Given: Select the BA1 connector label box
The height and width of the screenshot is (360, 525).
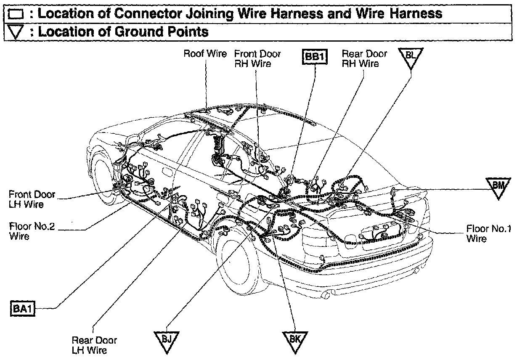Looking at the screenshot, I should pyautogui.click(x=22, y=309).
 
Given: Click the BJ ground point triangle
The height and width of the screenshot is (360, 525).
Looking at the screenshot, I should pyautogui.click(x=167, y=339).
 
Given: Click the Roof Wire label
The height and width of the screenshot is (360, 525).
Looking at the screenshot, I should pyautogui.click(x=205, y=54).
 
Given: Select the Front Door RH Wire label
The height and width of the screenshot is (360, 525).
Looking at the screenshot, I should pyautogui.click(x=257, y=58).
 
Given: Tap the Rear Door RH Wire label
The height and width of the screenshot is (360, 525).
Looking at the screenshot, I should pyautogui.click(x=364, y=58).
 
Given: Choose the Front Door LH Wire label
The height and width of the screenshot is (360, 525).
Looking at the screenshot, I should pyautogui.click(x=32, y=199).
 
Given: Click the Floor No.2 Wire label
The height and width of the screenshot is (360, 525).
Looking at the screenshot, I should pyautogui.click(x=32, y=231).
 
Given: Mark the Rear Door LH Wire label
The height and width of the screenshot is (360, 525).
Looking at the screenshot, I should pyautogui.click(x=94, y=345).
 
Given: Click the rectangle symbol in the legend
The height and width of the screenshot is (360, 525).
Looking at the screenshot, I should pyautogui.click(x=16, y=15).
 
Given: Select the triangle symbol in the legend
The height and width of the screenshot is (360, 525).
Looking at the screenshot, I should pyautogui.click(x=16, y=32).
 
